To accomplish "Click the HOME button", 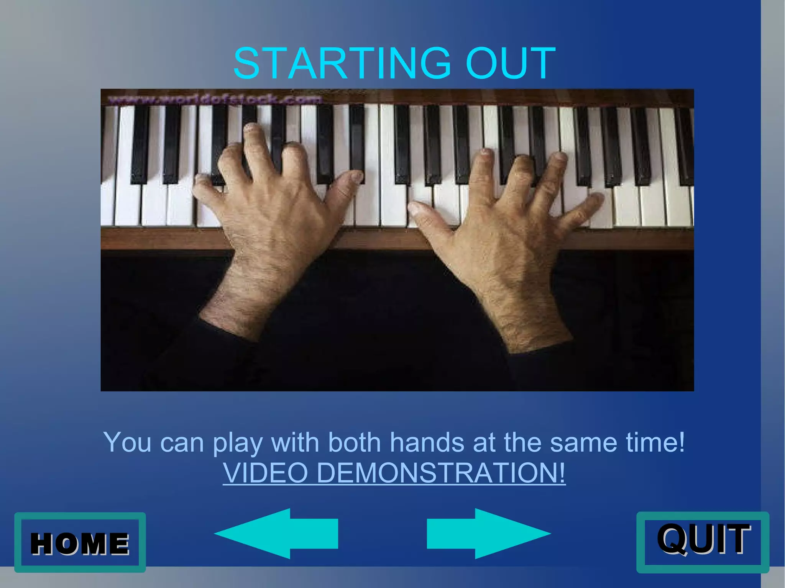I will pyautogui.click(x=80, y=542).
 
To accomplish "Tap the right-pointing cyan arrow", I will pyautogui.click(x=488, y=534).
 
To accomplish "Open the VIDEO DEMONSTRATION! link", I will pyautogui.click(x=394, y=473).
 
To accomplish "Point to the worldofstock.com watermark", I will pyautogui.click(x=215, y=100).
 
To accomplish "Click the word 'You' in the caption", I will pyautogui.click(x=127, y=442).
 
